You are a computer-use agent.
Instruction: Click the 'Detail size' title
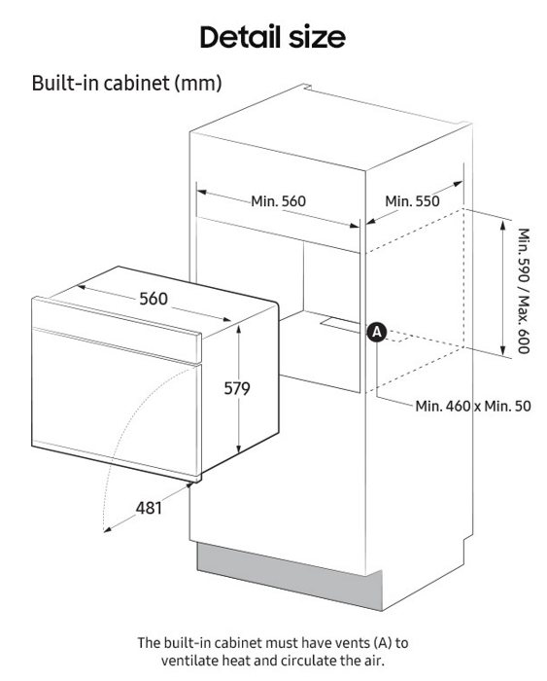272,37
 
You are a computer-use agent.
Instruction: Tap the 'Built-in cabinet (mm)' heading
126,83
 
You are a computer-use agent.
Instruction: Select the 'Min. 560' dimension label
278,201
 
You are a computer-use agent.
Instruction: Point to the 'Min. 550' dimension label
412,201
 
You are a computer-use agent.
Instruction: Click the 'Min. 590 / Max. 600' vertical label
524,291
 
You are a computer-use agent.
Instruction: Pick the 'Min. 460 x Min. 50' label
473,406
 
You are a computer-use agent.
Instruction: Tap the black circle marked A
377,333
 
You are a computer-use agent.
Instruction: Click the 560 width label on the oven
154,299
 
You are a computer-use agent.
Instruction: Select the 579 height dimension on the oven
237,388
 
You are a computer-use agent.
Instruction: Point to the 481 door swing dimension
149,507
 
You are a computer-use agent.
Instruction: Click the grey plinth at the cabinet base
290,576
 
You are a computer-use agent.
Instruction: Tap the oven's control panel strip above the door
117,329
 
